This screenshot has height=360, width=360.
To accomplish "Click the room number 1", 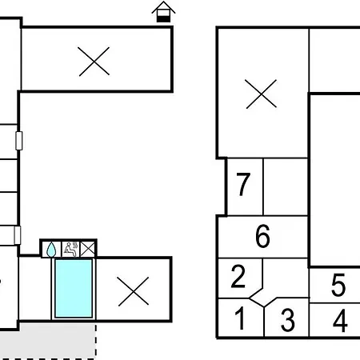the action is pos(241,318).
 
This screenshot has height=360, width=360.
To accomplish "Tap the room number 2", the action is pos(238,276).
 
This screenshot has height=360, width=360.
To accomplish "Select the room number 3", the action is pos(288,320).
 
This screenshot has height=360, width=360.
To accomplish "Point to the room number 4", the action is pos(340,321).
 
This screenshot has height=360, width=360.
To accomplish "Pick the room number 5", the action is pos(338,285).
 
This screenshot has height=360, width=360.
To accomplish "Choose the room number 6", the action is pos(262,236).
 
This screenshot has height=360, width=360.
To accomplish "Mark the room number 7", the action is pos(243,184).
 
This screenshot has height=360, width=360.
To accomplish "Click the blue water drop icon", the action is pos(51,250).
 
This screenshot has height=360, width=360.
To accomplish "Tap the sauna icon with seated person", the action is pos(70,250).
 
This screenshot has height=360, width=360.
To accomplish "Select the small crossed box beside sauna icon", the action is pos(87,249).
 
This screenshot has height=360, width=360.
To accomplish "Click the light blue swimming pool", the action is pos(74,288).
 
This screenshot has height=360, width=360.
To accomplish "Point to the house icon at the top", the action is pos(163,12).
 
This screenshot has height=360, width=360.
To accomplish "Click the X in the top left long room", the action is pos(94,62).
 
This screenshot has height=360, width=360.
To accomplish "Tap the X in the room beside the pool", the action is pos(133,291).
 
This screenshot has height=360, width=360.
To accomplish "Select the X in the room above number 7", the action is pos(262,94).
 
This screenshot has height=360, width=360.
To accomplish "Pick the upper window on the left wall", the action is pos(19,141).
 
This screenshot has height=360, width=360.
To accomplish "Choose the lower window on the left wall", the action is pos(18,235).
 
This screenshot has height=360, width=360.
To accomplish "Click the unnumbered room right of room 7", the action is pos(286,186).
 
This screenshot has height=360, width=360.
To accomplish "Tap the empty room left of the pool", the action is pos(35,288).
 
